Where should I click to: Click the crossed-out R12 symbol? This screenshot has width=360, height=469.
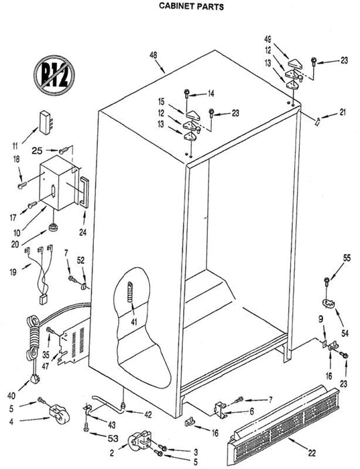pos(54,75)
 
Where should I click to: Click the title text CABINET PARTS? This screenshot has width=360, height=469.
pos(191,6)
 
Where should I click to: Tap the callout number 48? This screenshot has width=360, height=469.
pos(154,56)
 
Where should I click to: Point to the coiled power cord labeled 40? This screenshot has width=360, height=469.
pos(34,347)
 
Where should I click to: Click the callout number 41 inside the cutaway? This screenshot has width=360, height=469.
pos(134,322)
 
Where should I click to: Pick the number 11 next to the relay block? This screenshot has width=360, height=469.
pos(15,146)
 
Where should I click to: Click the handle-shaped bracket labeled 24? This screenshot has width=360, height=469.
pos(84,192)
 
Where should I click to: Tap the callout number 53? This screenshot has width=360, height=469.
pos(113,438)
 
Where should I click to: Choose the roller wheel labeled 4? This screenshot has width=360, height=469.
pos(58,413)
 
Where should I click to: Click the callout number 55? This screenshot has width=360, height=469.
pos(347,258)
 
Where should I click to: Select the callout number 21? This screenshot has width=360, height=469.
pos(343,113)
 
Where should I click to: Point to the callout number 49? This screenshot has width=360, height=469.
pos(267,39)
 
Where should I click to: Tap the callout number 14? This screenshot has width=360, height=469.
pos(211,94)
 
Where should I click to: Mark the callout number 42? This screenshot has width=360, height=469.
pos(147,415)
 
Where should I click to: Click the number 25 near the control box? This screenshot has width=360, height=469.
pos(37,151)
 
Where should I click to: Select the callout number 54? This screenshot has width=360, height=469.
pos(345,333)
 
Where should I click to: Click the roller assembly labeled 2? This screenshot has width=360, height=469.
pos(139,440)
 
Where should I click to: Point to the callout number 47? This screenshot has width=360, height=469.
pos(45,366)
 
